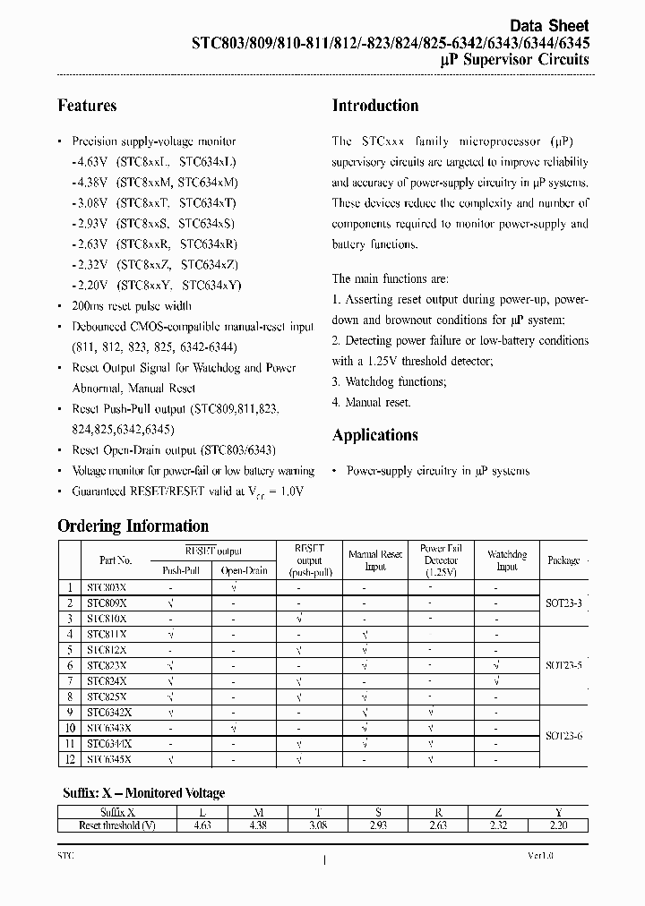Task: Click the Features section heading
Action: pyautogui.click(x=87, y=106)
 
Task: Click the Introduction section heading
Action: pyautogui.click(x=375, y=106)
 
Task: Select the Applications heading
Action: pyautogui.click(x=374, y=435)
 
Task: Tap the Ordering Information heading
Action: pyautogui.click(x=133, y=526)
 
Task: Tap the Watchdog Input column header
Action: pyautogui.click(x=507, y=560)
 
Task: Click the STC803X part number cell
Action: pyautogui.click(x=107, y=587)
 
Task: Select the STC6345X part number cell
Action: pyautogui.click(x=108, y=758)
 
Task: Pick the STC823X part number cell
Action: pyautogui.click(x=107, y=665)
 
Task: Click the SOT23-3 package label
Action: pyautogui.click(x=563, y=603)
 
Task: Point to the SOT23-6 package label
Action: pyautogui.click(x=563, y=735)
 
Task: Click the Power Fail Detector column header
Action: pyautogui.click(x=441, y=560)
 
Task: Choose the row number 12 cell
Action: pyautogui.click(x=68, y=758)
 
